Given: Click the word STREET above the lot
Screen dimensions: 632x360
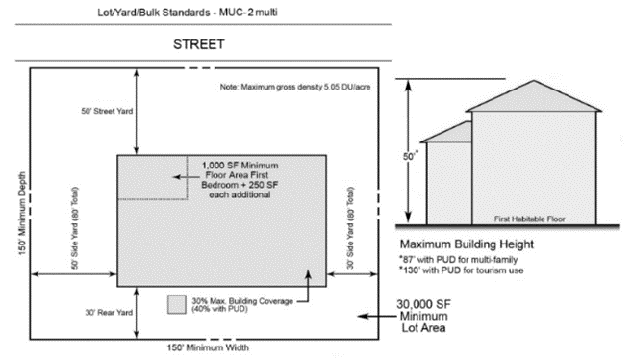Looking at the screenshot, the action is tap(199, 44).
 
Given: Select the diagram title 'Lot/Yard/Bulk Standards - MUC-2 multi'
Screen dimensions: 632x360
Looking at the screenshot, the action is tap(188, 13).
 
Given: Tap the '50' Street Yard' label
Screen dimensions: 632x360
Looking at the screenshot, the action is tap(107, 111).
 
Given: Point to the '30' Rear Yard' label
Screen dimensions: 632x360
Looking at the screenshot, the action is tap(109, 313).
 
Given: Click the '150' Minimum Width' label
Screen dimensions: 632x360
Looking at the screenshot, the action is tap(208, 347).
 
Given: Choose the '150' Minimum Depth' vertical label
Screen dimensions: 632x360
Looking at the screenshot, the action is tap(22, 214).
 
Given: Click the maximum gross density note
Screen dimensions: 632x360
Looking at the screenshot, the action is tap(295, 87).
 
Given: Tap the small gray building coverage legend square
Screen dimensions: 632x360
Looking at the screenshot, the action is tap(177, 304).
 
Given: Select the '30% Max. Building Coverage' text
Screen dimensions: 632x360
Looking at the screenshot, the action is tap(242, 301).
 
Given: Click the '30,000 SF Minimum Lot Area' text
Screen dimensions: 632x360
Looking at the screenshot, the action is tap(423, 316).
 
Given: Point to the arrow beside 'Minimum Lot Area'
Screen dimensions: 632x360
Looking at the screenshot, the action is tap(377, 316).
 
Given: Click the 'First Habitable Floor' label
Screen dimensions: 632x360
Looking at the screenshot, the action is tap(530, 219).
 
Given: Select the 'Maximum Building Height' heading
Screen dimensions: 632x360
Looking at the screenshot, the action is tap(467, 244).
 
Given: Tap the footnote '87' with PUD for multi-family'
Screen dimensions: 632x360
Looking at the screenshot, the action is tap(458, 259).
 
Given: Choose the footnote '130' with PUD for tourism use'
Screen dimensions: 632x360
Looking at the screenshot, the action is tap(462, 270).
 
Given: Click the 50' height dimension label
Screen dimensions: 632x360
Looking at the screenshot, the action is tap(411, 156).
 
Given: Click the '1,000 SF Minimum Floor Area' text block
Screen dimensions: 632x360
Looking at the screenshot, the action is tap(240, 180).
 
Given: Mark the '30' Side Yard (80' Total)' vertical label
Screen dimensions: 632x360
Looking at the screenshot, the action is tap(350, 228).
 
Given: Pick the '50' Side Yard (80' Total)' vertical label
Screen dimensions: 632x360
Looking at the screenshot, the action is tap(75, 228).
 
